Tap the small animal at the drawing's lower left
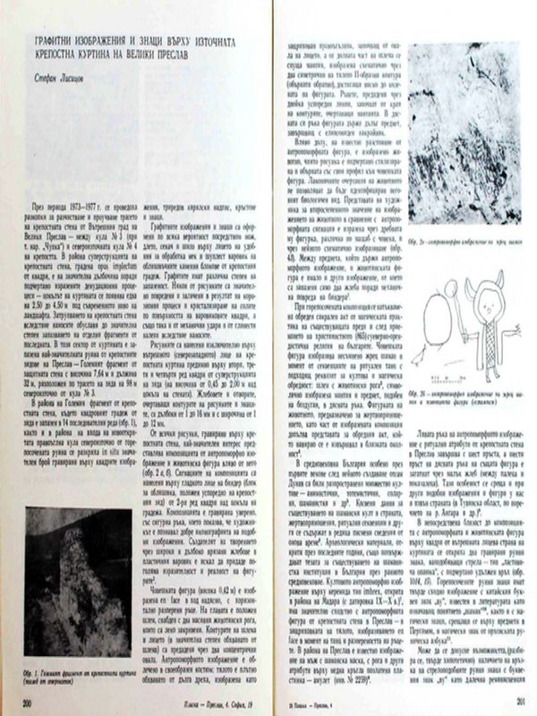point(417,359)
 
